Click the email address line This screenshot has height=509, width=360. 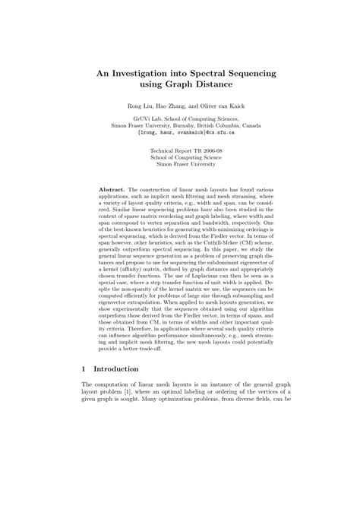coord(180,131)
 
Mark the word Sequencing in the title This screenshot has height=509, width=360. coord(255,70)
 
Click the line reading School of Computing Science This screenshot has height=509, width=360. coord(180,160)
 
